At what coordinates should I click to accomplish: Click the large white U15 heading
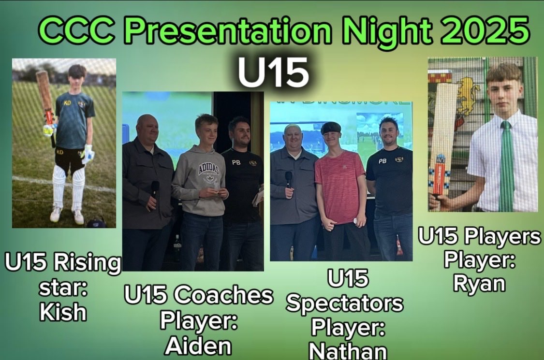click(x=273, y=73)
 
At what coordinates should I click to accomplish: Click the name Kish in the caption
click(x=63, y=312)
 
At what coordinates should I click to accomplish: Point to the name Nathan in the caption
click(x=347, y=350)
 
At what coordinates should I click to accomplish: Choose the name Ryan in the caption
click(x=479, y=283)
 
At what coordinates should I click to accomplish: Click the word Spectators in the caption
click(x=344, y=303)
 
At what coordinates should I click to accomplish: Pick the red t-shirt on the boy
click(x=339, y=186)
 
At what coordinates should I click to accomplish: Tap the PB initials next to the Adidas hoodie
click(x=236, y=162)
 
